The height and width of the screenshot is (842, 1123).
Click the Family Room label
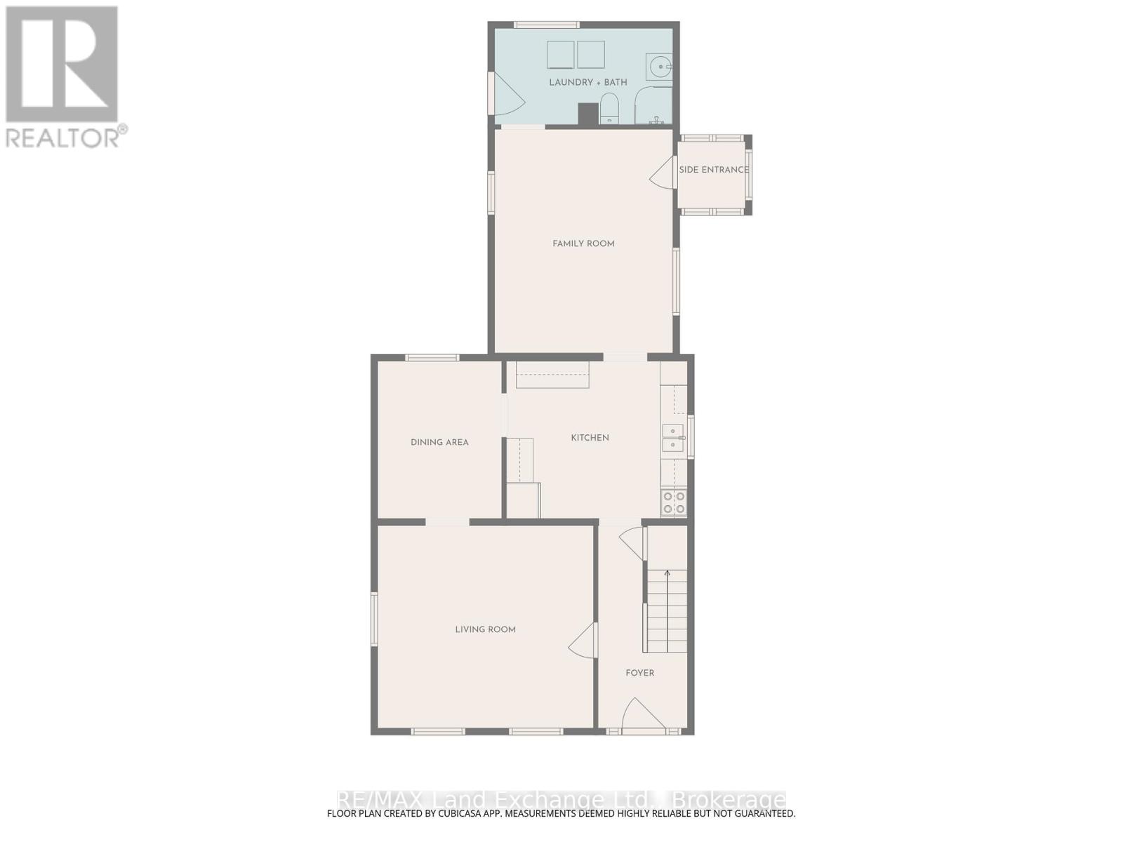583,244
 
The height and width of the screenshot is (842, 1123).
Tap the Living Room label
485,630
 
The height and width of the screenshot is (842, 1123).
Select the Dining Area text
439,442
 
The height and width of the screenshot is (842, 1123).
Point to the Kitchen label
590,438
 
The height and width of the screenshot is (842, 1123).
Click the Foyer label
639,673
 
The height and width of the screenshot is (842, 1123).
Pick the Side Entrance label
714,170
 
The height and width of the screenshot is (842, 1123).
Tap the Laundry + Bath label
588,82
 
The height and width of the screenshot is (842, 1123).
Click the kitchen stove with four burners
674,502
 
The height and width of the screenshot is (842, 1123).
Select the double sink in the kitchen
673,438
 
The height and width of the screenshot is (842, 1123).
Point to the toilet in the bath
609,109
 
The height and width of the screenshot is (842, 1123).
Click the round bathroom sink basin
660,67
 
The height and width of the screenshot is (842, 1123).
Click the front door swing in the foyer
643,713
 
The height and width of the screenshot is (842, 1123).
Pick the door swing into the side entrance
661,173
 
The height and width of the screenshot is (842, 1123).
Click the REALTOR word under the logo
62,138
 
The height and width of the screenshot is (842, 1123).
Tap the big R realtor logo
62,64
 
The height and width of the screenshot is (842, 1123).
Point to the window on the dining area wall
432,357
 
